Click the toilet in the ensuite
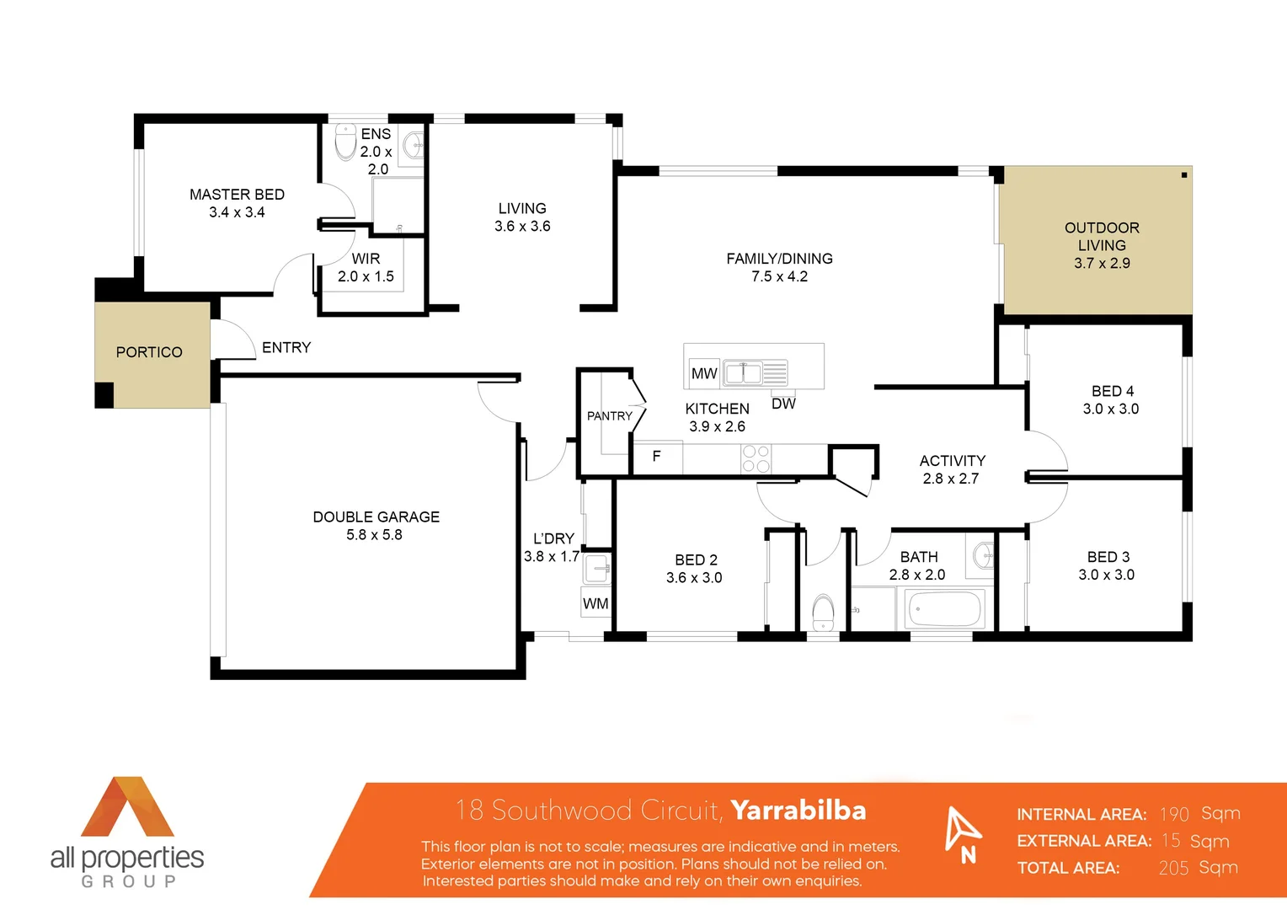click(x=345, y=142)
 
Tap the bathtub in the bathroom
click(x=944, y=608)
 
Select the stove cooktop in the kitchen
click(x=756, y=459)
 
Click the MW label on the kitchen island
click(x=703, y=373)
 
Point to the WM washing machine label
click(x=595, y=603)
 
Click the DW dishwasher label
click(x=783, y=404)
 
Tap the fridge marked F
click(x=656, y=456)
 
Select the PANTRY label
click(x=609, y=415)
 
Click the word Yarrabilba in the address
click(x=798, y=810)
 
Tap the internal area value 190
click(x=1173, y=814)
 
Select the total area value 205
click(x=1173, y=868)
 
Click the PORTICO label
click(x=149, y=352)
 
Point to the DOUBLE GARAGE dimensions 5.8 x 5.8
click(x=374, y=535)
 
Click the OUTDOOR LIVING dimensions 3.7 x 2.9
click(x=1102, y=263)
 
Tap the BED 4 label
click(x=1112, y=391)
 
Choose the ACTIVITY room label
click(x=952, y=461)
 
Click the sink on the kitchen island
click(x=743, y=372)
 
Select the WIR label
click(x=366, y=259)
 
